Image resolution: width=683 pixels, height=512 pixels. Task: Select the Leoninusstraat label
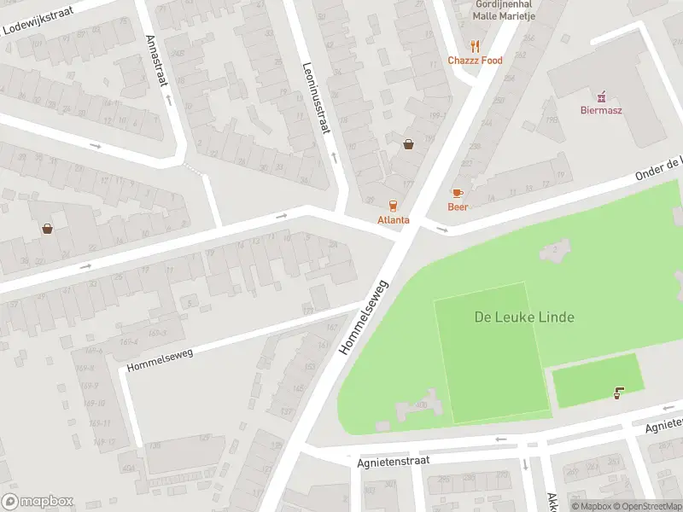pyautogui.click(x=316, y=99)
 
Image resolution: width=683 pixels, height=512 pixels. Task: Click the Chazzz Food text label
pyautogui.click(x=476, y=61)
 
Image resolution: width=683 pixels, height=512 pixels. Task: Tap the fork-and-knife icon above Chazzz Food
pyautogui.click(x=476, y=47)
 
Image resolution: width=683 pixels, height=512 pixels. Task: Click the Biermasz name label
pyautogui.click(x=601, y=110)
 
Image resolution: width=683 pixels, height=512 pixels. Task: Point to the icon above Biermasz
pyautogui.click(x=601, y=96)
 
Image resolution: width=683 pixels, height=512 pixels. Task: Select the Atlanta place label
pyautogui.click(x=394, y=219)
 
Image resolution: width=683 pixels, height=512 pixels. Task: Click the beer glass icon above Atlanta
pyautogui.click(x=394, y=206)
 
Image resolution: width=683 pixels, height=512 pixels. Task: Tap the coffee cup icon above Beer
pyautogui.click(x=458, y=193)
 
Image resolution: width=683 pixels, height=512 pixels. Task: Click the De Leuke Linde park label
pyautogui.click(x=524, y=317)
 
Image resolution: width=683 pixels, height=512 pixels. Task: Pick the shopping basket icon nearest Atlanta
pyautogui.click(x=409, y=144)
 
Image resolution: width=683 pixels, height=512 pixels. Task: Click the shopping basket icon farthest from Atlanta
pyautogui.click(x=47, y=229)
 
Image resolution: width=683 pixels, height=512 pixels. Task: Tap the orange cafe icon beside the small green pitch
pyautogui.click(x=618, y=393)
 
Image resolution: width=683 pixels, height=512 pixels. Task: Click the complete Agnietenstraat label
pyautogui.click(x=394, y=460)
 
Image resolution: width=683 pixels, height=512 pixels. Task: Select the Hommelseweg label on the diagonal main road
pyautogui.click(x=365, y=316)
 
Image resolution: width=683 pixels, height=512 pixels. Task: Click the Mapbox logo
pyautogui.click(x=38, y=502)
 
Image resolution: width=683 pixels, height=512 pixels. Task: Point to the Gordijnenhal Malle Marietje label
pyautogui.click(x=504, y=9)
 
